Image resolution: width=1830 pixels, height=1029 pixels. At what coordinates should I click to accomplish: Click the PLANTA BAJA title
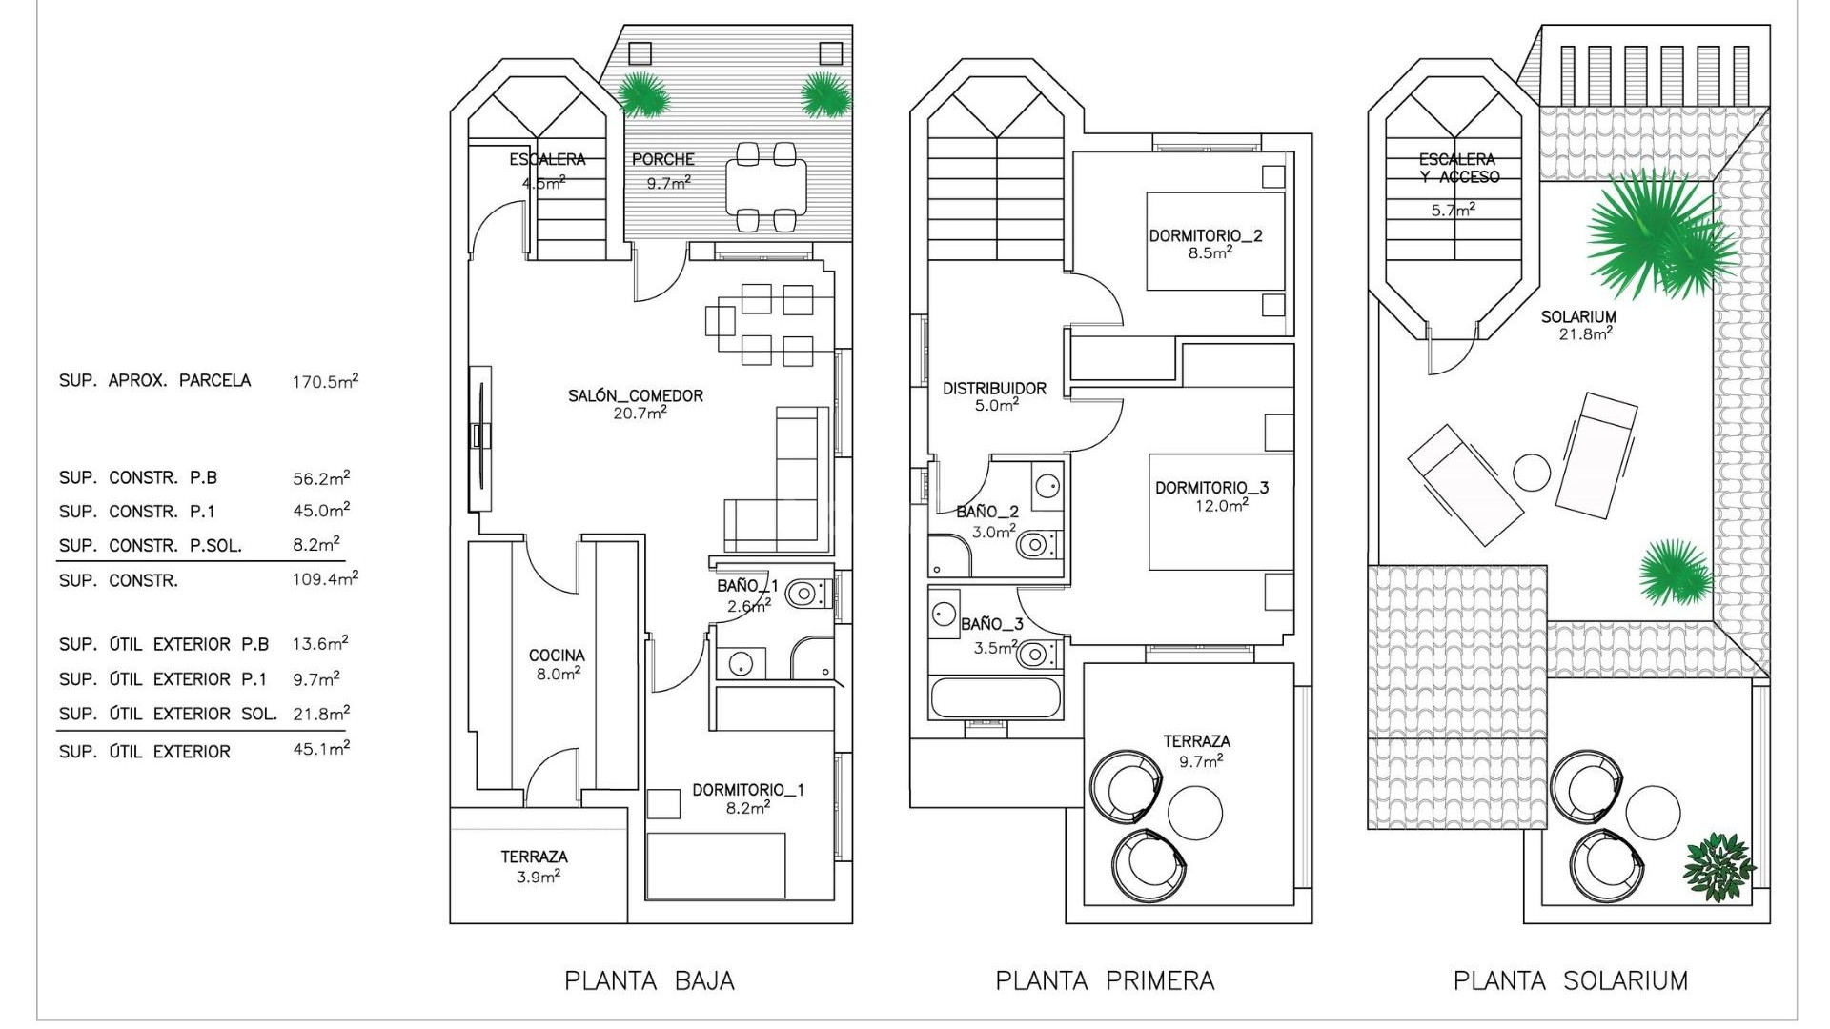[x=649, y=980]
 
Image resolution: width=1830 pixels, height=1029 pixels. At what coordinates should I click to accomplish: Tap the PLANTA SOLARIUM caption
[x=1570, y=980]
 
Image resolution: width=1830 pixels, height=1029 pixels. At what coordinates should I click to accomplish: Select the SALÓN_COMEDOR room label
[x=636, y=395]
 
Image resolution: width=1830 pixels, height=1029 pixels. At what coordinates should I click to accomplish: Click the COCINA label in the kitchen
[x=557, y=656]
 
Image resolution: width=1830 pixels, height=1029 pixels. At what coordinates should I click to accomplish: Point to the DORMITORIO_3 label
[x=1211, y=488]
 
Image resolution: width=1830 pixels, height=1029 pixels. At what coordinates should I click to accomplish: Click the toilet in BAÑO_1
[x=804, y=595]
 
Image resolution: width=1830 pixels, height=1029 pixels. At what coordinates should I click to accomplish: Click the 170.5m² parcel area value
[x=325, y=382]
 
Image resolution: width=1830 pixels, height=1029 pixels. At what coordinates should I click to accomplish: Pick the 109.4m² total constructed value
[x=325, y=579]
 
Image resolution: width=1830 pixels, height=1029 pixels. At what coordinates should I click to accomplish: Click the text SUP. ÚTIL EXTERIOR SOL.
[x=168, y=714]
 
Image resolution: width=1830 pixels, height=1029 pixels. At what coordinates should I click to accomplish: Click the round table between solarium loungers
[x=1532, y=473]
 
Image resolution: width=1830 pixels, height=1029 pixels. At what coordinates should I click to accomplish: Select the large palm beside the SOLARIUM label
[x=1654, y=233]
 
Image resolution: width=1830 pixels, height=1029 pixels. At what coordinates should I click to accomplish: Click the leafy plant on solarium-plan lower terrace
[x=1718, y=868]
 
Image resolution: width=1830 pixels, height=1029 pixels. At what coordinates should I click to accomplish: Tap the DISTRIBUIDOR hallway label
[x=994, y=389]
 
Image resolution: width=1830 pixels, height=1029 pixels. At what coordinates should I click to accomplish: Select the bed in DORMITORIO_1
[x=716, y=865]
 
